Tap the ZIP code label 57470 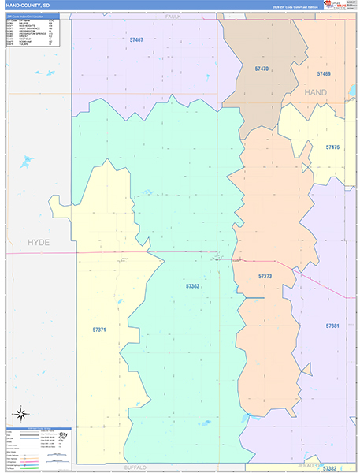click(262, 69)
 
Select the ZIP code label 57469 click(324, 73)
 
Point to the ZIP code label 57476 click(332, 147)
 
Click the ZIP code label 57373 click(265, 276)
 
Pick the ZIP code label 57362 click(192, 286)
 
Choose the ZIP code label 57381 click(332, 326)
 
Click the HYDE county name click(38, 243)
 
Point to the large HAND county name click(315, 92)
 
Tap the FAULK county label click(173, 15)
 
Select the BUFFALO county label click(135, 467)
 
